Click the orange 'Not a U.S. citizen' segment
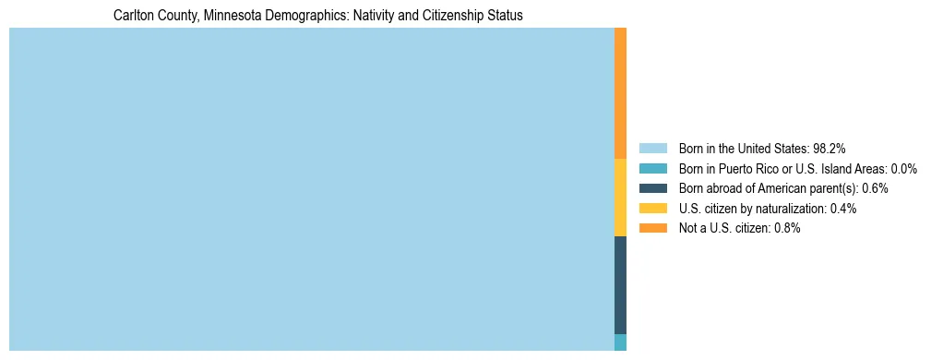[x=620, y=93]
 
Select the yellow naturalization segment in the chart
[x=620, y=198]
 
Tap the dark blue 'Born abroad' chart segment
[x=620, y=285]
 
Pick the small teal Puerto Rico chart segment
[x=620, y=342]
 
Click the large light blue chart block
[x=311, y=189]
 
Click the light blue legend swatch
[x=652, y=148]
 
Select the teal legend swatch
[x=652, y=168]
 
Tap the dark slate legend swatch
[x=652, y=188]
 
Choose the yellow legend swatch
[x=652, y=209]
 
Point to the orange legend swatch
[x=652, y=228]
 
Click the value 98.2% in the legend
[x=830, y=148]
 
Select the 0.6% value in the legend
[x=875, y=188]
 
